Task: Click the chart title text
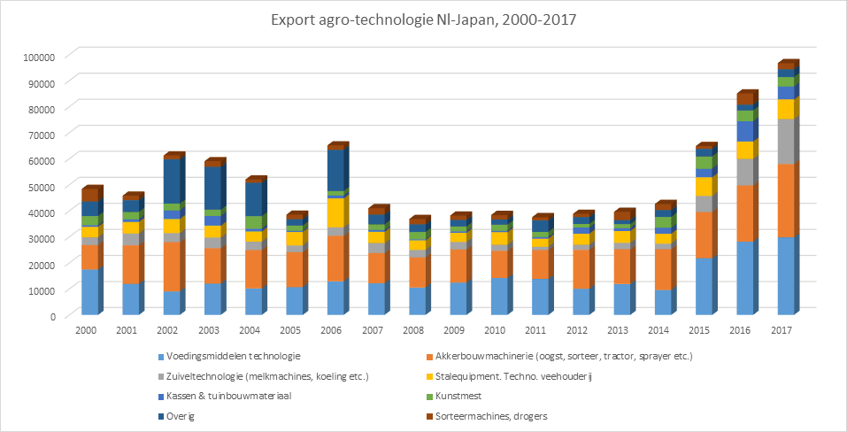(423, 20)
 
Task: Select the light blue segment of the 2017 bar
(786, 276)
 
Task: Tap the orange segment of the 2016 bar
(745, 213)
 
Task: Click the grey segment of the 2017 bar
(786, 141)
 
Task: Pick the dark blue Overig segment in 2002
(172, 181)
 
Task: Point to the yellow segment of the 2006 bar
(335, 212)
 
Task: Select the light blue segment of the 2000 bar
(89, 291)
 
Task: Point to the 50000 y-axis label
(40, 187)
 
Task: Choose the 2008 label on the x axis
(417, 330)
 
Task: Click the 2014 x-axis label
(663, 330)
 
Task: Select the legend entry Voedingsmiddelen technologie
(228, 357)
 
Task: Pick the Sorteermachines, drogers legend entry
(487, 416)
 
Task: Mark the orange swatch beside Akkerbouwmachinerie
(429, 357)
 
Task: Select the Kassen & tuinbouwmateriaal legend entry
(224, 397)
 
